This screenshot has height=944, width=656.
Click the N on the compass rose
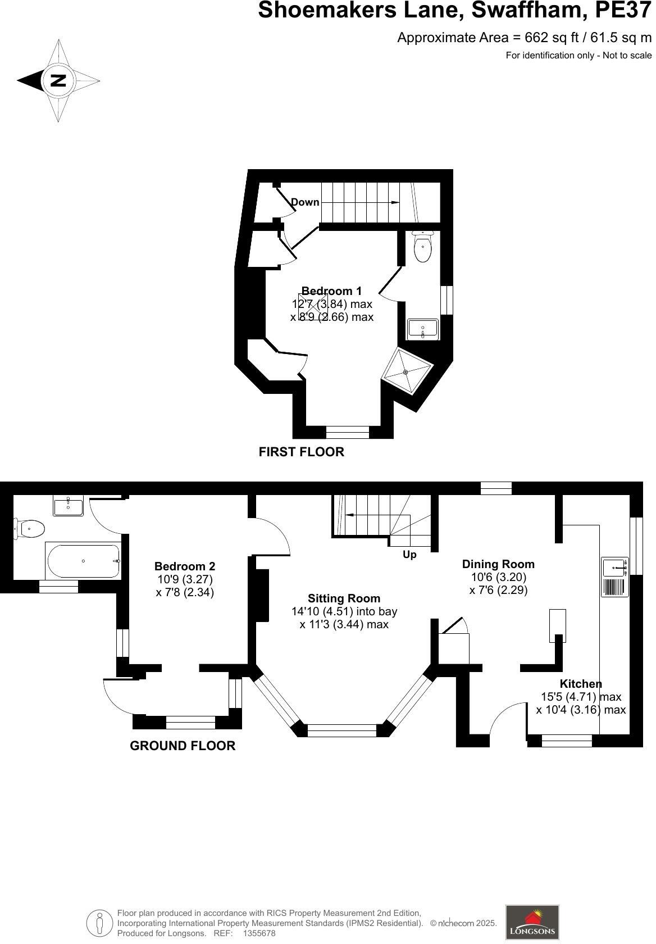click(x=58, y=80)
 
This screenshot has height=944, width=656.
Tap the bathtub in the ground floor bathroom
click(x=83, y=560)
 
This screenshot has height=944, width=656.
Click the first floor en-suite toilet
click(x=422, y=247)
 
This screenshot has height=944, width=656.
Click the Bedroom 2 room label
click(x=185, y=566)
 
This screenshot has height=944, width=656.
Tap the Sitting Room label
click(x=344, y=598)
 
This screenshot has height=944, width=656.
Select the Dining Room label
click(x=498, y=564)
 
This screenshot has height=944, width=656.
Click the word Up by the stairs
click(x=409, y=555)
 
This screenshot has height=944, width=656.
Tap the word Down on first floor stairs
click(x=305, y=202)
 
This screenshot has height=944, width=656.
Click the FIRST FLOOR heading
click(x=301, y=452)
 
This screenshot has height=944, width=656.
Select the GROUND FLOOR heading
click(x=183, y=746)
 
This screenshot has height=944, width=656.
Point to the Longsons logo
click(x=532, y=922)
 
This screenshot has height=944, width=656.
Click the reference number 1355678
click(x=259, y=933)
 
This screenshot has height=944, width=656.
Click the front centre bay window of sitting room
click(x=341, y=730)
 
